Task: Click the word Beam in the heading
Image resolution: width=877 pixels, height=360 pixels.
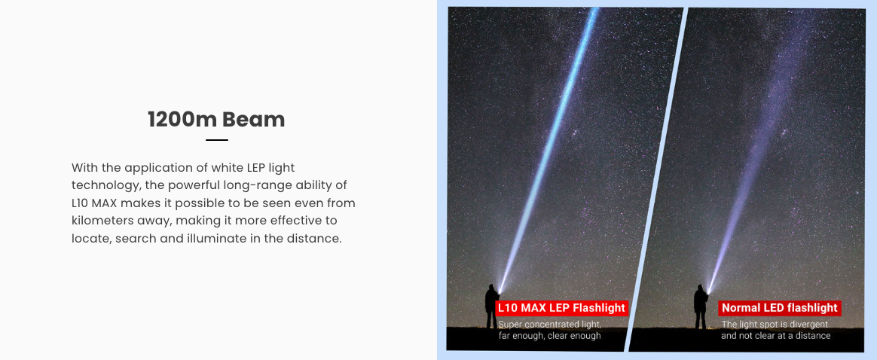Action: point(253,120)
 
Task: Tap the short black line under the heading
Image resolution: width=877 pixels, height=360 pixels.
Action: point(217,140)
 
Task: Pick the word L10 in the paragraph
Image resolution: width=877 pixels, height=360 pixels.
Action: point(79,203)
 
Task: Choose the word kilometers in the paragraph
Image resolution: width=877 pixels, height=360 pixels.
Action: point(102,221)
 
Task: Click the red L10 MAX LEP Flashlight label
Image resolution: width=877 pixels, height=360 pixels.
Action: point(561,307)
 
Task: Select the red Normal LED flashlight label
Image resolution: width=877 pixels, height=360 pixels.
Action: point(780,307)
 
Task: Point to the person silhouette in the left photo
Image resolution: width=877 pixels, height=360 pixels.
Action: point(492,306)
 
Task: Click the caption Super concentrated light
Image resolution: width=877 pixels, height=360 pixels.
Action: point(550,325)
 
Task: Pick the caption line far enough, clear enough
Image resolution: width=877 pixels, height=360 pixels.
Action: point(549,336)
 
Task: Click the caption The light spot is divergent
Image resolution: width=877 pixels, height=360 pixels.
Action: point(775,324)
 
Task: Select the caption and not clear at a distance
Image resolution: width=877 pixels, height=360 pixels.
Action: point(776,335)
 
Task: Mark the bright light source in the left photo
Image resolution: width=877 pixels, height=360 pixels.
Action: point(500,291)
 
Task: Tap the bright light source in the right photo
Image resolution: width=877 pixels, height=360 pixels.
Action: point(709,291)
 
